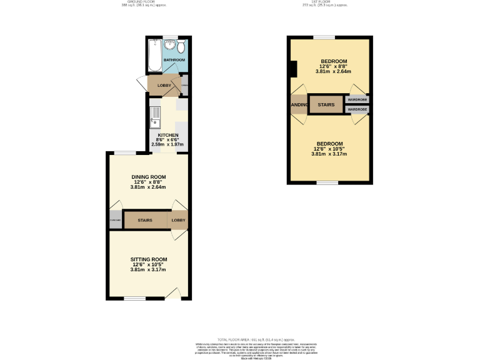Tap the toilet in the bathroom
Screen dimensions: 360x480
[x=181, y=47]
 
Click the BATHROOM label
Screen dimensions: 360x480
[x=174, y=60]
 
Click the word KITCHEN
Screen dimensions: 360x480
[x=168, y=136]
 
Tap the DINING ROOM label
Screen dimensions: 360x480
[x=148, y=177]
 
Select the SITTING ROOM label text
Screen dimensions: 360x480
[x=149, y=259]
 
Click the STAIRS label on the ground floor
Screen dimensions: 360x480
[x=145, y=220]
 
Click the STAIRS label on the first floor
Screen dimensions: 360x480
[x=326, y=104]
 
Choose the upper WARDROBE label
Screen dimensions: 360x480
[x=357, y=99]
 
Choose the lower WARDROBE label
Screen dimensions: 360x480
[x=357, y=109]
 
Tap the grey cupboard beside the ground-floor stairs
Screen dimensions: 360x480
[x=115, y=220]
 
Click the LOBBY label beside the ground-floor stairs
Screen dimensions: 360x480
[x=179, y=220]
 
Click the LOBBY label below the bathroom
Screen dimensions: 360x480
[x=164, y=85]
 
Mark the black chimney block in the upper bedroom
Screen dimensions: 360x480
[x=292, y=68]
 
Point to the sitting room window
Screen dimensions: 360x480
[x=134, y=298]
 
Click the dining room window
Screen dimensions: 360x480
[x=125, y=153]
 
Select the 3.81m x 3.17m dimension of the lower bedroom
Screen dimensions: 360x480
[x=329, y=154]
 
